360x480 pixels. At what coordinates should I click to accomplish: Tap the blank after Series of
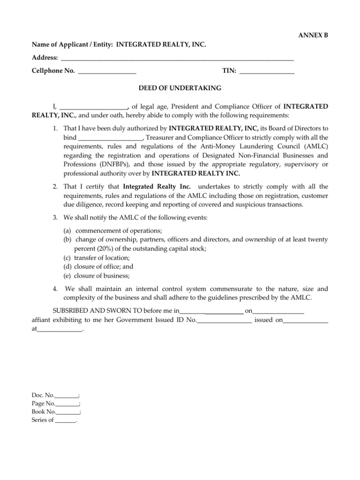[x=65, y=420]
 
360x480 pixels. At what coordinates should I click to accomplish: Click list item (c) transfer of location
[x=97, y=257]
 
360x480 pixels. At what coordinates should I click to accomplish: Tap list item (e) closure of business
[x=97, y=275]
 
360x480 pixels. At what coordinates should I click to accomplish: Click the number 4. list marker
[x=55, y=289]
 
